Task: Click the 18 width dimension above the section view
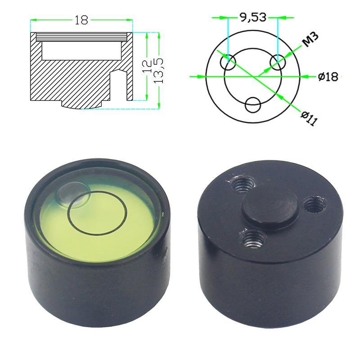coord(82,20)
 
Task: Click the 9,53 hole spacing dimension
coord(253,17)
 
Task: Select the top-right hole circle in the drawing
coord(277,61)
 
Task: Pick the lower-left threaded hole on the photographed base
coord(252,238)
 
